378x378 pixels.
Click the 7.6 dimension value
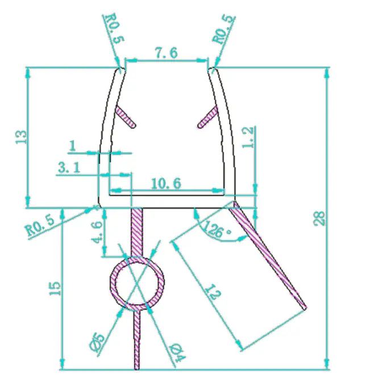(167, 53)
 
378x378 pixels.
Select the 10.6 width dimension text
(166, 184)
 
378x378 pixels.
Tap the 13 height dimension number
(21, 137)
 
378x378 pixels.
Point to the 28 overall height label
(319, 218)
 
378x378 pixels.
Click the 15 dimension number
(55, 288)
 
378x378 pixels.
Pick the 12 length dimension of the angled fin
(213, 292)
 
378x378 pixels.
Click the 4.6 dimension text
(97, 232)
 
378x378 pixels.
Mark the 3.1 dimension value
(69, 167)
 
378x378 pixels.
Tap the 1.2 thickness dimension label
(248, 137)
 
